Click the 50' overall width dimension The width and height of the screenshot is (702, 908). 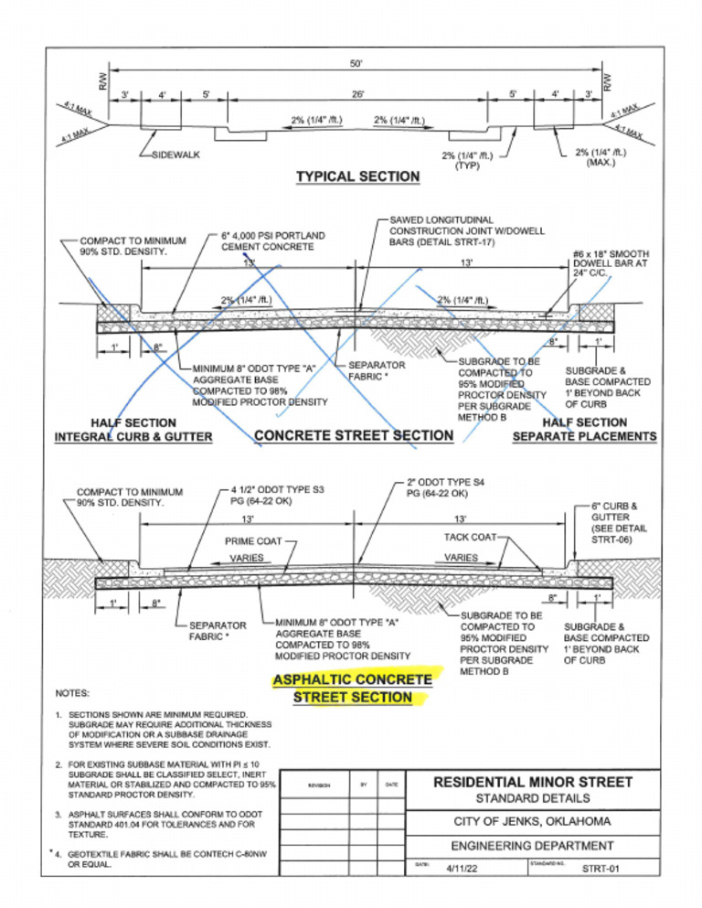[356, 63]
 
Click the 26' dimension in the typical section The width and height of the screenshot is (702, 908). [356, 93]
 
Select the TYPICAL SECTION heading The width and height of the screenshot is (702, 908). [357, 176]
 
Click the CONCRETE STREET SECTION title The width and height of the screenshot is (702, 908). [354, 435]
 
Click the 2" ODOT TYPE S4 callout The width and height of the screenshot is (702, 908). [448, 487]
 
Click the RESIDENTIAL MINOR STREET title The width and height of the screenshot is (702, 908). [533, 782]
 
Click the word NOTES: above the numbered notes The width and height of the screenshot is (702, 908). [72, 693]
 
